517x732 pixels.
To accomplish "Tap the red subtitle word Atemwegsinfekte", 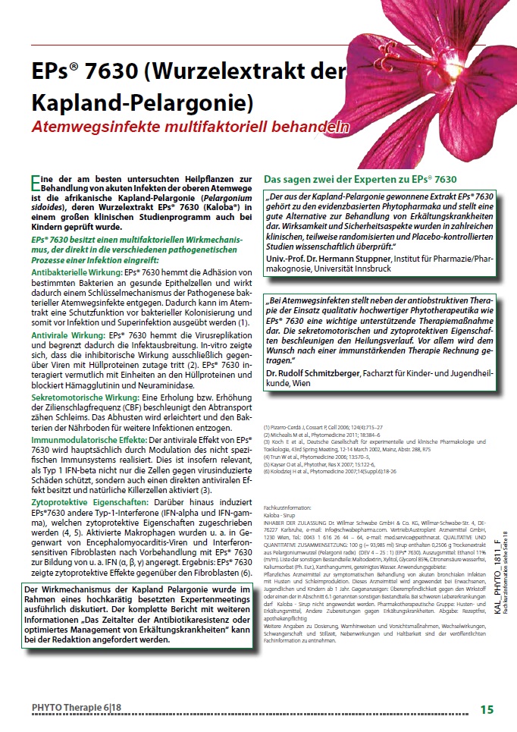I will point(91,127).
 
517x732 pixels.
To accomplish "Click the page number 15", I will point(487,709).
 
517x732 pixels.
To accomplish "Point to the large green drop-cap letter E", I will point(36,182).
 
